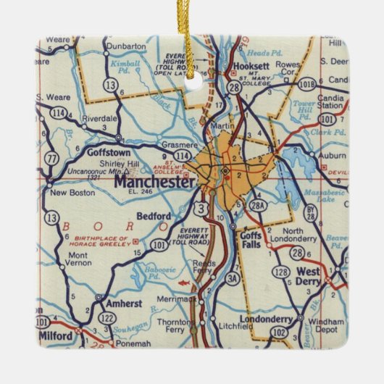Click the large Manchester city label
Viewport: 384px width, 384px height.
tap(154, 182)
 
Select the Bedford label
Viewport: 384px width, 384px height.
tap(154, 216)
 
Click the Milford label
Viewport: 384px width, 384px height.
tap(55, 337)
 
